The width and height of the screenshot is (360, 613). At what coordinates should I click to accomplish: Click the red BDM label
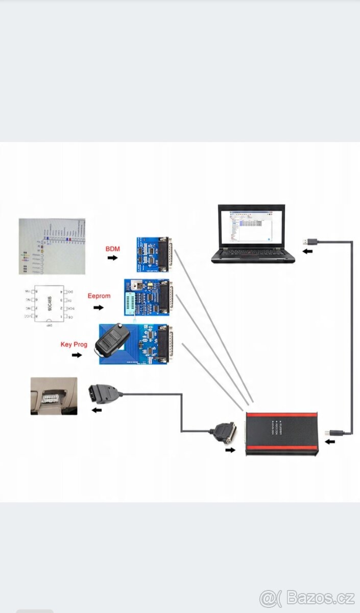tap(112, 249)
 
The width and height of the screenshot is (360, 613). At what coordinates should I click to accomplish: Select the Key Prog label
tap(74, 344)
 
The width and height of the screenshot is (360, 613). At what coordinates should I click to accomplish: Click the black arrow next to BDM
tap(112, 258)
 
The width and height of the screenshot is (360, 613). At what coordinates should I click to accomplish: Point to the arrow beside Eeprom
tap(99, 308)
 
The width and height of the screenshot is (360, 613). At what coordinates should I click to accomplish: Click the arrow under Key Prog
tap(77, 355)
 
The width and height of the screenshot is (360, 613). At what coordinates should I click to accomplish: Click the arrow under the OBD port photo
tap(97, 409)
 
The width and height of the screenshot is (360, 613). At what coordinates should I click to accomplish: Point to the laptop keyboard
tap(253, 254)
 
